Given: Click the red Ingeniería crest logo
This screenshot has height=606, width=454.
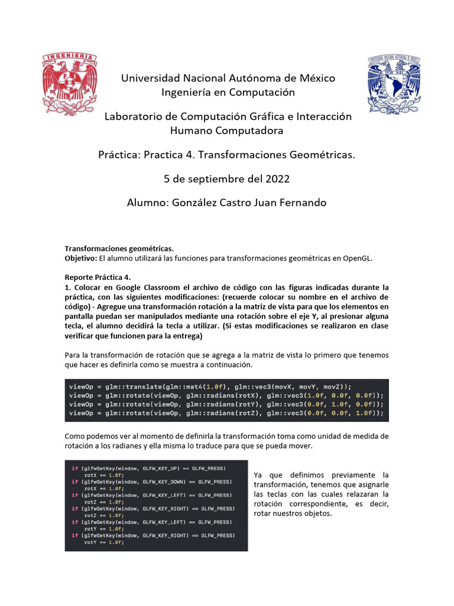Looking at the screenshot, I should coord(69,83).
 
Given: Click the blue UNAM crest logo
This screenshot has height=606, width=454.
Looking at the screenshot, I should coord(394,84).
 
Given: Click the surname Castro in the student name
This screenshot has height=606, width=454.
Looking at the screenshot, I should coord(241,203).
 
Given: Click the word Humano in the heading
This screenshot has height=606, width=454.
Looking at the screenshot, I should coord(194,130).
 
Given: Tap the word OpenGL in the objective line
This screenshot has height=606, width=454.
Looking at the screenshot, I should coord(356,259).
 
